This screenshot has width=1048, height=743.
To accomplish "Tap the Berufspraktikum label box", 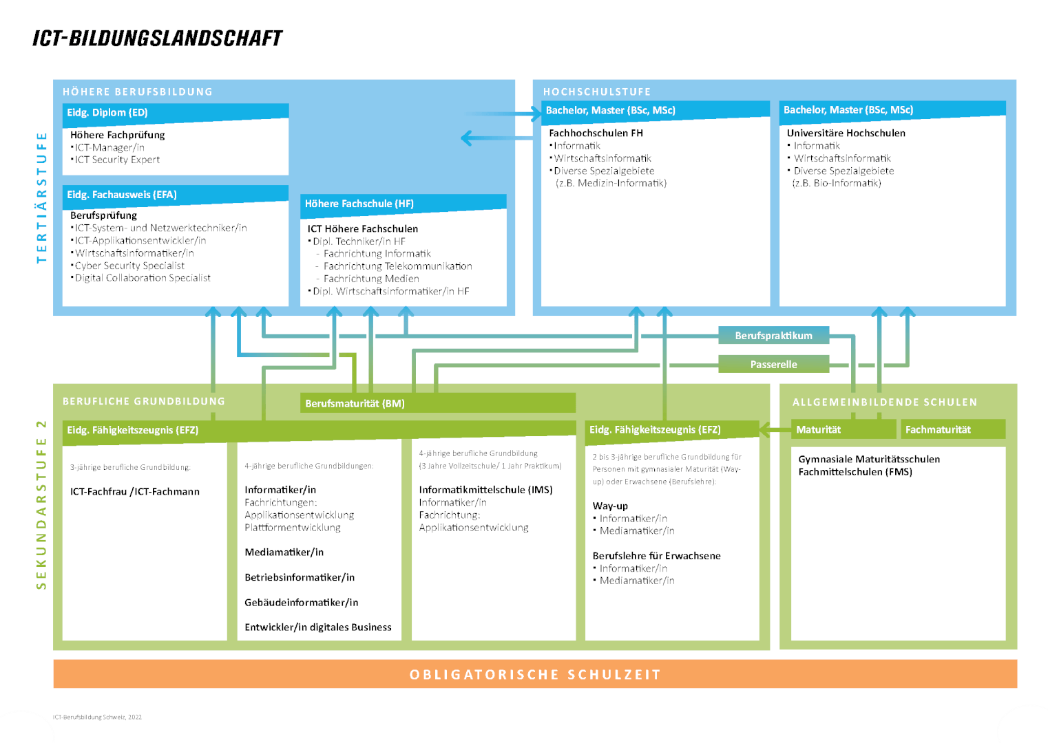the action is pyautogui.click(x=773, y=335).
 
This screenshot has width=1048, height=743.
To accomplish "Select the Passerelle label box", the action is pyautogui.click(x=773, y=364).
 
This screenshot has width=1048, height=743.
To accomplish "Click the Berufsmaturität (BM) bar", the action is pyautogui.click(x=437, y=403).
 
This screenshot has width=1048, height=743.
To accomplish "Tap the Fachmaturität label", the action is pyautogui.click(x=938, y=429).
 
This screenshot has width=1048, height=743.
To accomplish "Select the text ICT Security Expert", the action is pyautogui.click(x=118, y=160).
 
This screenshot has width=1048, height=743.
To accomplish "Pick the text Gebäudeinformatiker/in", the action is pyautogui.click(x=302, y=602).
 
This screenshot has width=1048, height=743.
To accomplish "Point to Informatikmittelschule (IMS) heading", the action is pyautogui.click(x=485, y=490).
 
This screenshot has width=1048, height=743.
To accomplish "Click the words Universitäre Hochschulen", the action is pyautogui.click(x=846, y=133).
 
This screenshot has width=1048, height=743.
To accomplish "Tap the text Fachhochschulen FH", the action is pyautogui.click(x=596, y=133).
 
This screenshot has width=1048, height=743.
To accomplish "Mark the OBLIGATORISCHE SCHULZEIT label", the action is pyautogui.click(x=535, y=674).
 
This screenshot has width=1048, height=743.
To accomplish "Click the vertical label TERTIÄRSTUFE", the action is pyautogui.click(x=41, y=197).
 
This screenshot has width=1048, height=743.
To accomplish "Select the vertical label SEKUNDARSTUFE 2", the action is pyautogui.click(x=41, y=505).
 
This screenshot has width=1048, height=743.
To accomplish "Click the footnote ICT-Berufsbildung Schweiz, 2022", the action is pyautogui.click(x=97, y=717).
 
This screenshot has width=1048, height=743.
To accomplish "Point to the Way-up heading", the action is pyautogui.click(x=610, y=506).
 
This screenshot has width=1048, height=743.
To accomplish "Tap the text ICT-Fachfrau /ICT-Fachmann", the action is pyautogui.click(x=135, y=491).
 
